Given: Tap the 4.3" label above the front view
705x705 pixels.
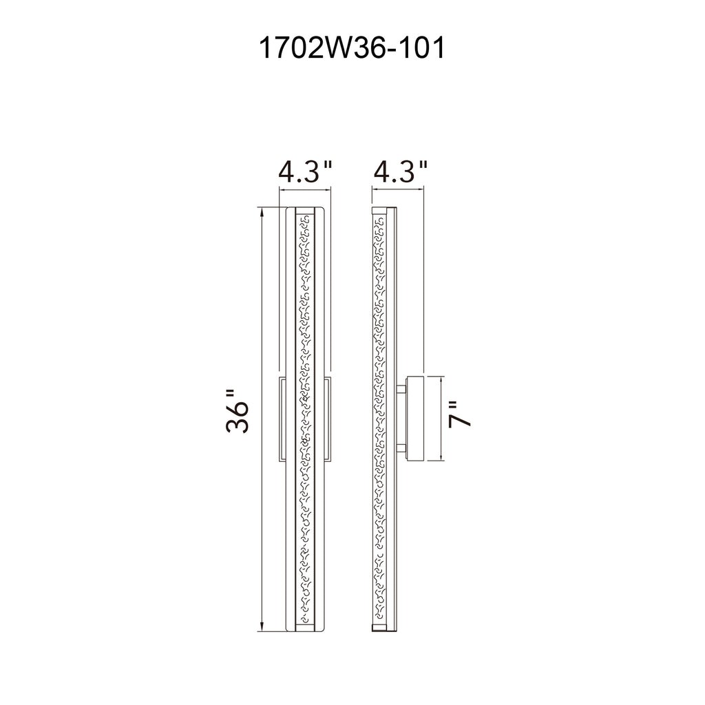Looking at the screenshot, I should tap(306, 171).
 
